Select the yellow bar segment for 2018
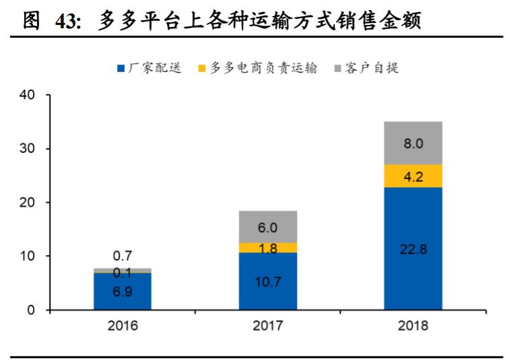click(413, 176)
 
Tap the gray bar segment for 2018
click(413, 143)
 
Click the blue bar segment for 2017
click(267, 281)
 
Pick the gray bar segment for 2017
click(267, 227)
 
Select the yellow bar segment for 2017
click(267, 248)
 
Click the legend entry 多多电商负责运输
click(263, 68)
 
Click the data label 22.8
click(413, 248)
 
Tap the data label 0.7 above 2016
click(123, 256)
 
